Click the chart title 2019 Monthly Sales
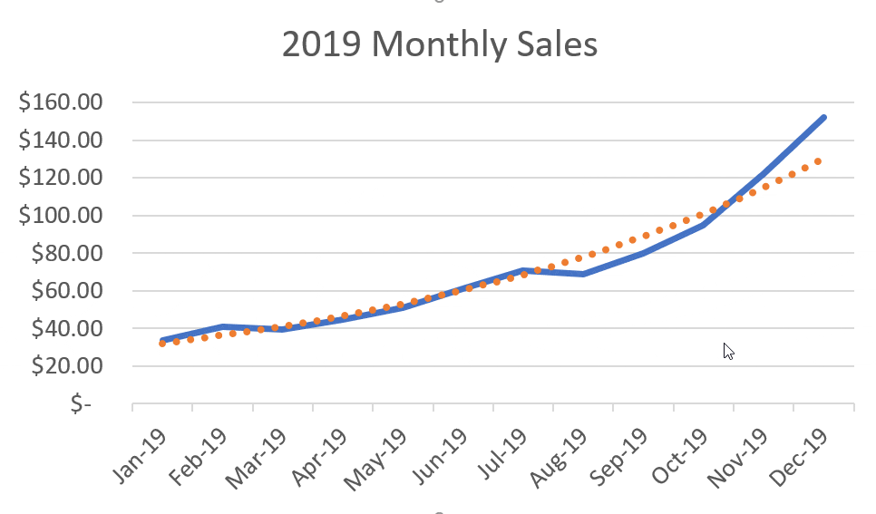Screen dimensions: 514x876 coord(440,44)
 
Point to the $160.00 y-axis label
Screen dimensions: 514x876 coord(61,102)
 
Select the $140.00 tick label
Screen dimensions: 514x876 coord(61,141)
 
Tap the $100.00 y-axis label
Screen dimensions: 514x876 coord(61,216)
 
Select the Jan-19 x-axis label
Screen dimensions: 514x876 coord(137,449)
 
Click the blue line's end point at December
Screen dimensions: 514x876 coord(823,117)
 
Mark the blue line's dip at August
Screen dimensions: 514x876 coord(583,273)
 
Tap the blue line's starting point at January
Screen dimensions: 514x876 coord(162,341)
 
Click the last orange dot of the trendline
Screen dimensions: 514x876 coord(818,161)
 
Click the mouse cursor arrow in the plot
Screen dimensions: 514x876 coord(727,350)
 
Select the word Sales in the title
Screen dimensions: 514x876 coord(552,44)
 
